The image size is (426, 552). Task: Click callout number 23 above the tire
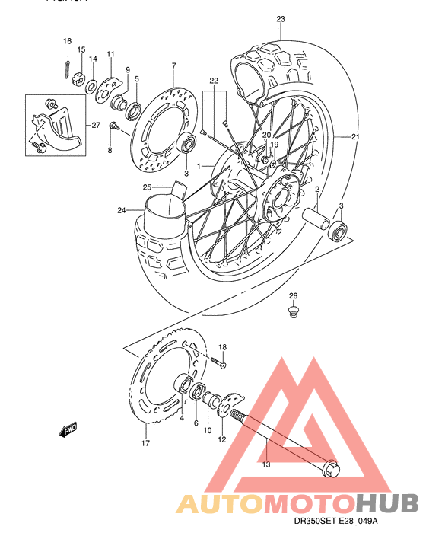281,19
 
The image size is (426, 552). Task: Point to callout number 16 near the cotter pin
67,41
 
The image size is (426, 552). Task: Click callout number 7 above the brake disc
173,65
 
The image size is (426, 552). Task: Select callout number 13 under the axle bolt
266,464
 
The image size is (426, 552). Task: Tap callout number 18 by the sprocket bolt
223,346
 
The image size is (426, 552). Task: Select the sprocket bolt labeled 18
218,362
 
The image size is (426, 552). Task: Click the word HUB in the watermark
387,503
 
